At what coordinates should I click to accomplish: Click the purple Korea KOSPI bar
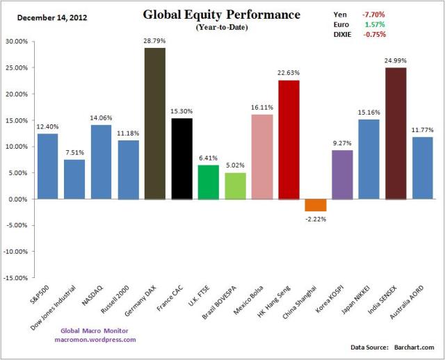[342, 174]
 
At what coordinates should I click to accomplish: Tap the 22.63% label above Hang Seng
[289, 74]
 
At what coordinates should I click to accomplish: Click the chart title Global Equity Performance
[222, 15]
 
